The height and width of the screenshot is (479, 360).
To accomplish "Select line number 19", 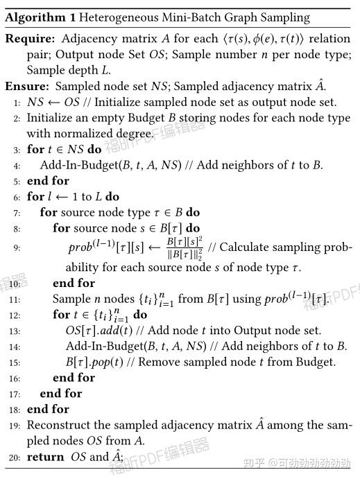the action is pos(15,426).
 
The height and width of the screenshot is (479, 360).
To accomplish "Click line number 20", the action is pos(15,458).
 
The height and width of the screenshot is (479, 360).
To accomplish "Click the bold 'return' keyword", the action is pos(46,457).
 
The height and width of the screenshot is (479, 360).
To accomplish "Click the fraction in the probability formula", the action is pos(183,247).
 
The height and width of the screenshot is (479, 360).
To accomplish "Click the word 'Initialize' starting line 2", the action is pos(53,118).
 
